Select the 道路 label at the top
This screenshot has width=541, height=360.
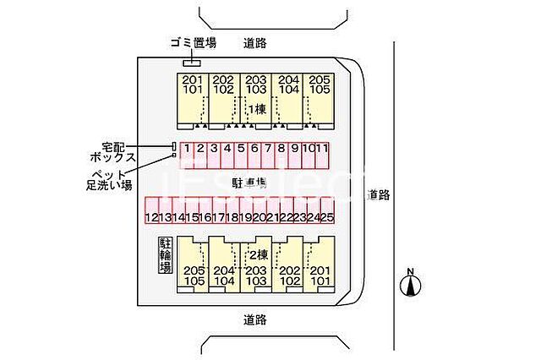[255, 42]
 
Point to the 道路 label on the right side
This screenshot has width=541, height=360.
[379, 194]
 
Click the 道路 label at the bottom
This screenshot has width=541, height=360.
[254, 319]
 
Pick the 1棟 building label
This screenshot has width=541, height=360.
[256, 109]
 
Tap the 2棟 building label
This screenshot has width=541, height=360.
[256, 254]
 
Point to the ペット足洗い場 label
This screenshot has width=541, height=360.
[108, 179]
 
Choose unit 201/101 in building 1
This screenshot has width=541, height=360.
[191, 85]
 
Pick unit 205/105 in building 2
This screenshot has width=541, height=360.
[193, 275]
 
